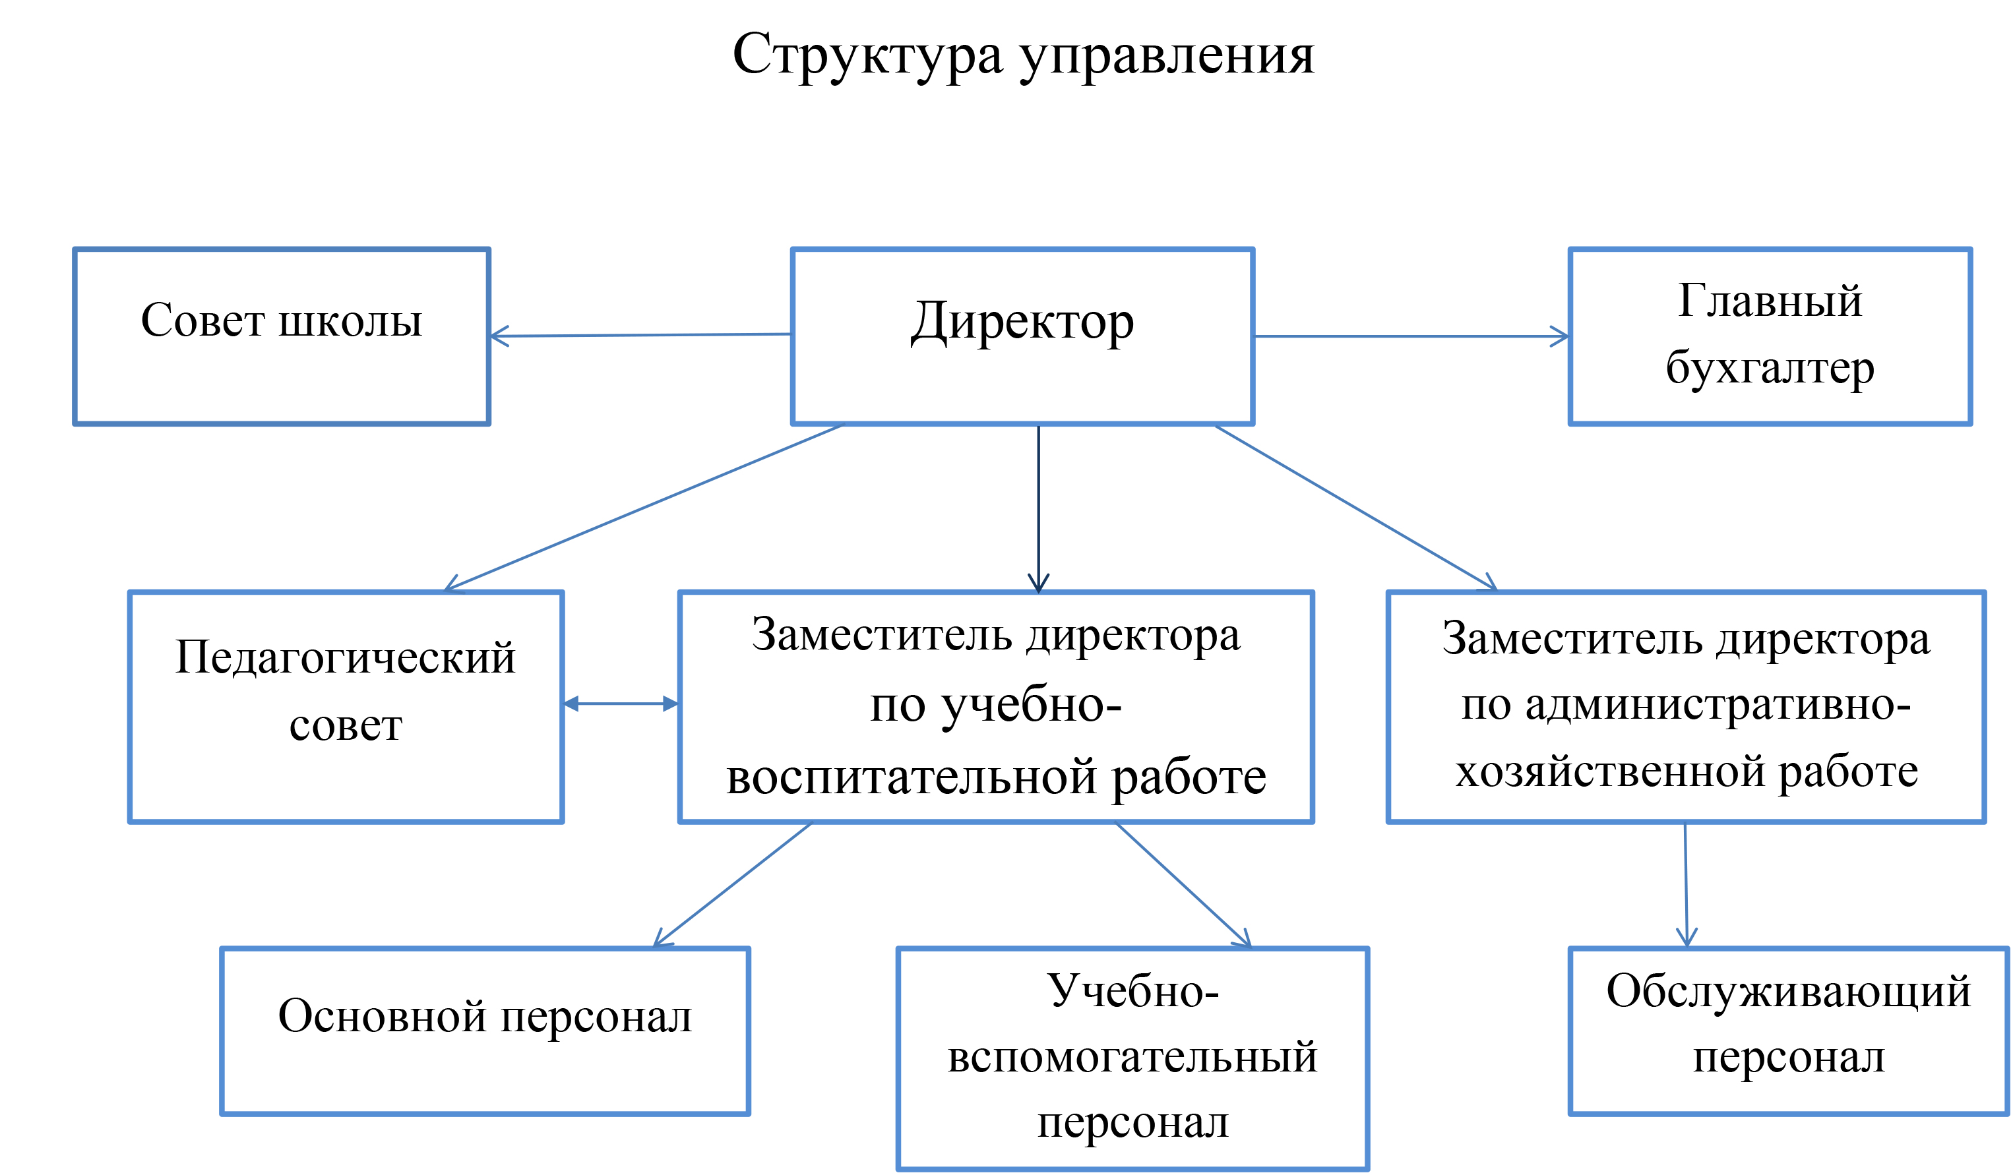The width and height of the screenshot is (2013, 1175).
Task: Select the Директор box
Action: click(1022, 336)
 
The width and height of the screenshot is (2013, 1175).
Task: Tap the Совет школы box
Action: click(281, 336)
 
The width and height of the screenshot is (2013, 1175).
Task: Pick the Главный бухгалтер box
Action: click(1770, 336)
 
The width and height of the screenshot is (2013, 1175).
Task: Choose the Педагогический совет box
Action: click(346, 707)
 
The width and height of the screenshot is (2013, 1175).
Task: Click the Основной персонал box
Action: click(485, 1031)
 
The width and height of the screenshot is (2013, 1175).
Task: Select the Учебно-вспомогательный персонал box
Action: click(1132, 1059)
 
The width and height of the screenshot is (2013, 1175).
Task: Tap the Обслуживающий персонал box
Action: click(1789, 1031)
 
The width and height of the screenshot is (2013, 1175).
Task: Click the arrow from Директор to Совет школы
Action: click(640, 336)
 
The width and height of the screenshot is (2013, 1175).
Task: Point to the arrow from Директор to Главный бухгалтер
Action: click(1411, 336)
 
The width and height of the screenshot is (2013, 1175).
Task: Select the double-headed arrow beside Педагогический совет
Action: click(621, 704)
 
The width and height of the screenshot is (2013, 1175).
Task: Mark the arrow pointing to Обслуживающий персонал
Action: click(1687, 885)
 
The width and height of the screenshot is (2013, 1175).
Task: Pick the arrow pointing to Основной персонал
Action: click(733, 885)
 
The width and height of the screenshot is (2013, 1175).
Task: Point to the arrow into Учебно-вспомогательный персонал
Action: click(1184, 885)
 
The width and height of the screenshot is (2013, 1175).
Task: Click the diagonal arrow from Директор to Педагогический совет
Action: click(643, 508)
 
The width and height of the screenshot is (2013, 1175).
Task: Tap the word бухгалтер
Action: click(1770, 370)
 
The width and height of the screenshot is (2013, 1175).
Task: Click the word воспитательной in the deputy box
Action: click(912, 777)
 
